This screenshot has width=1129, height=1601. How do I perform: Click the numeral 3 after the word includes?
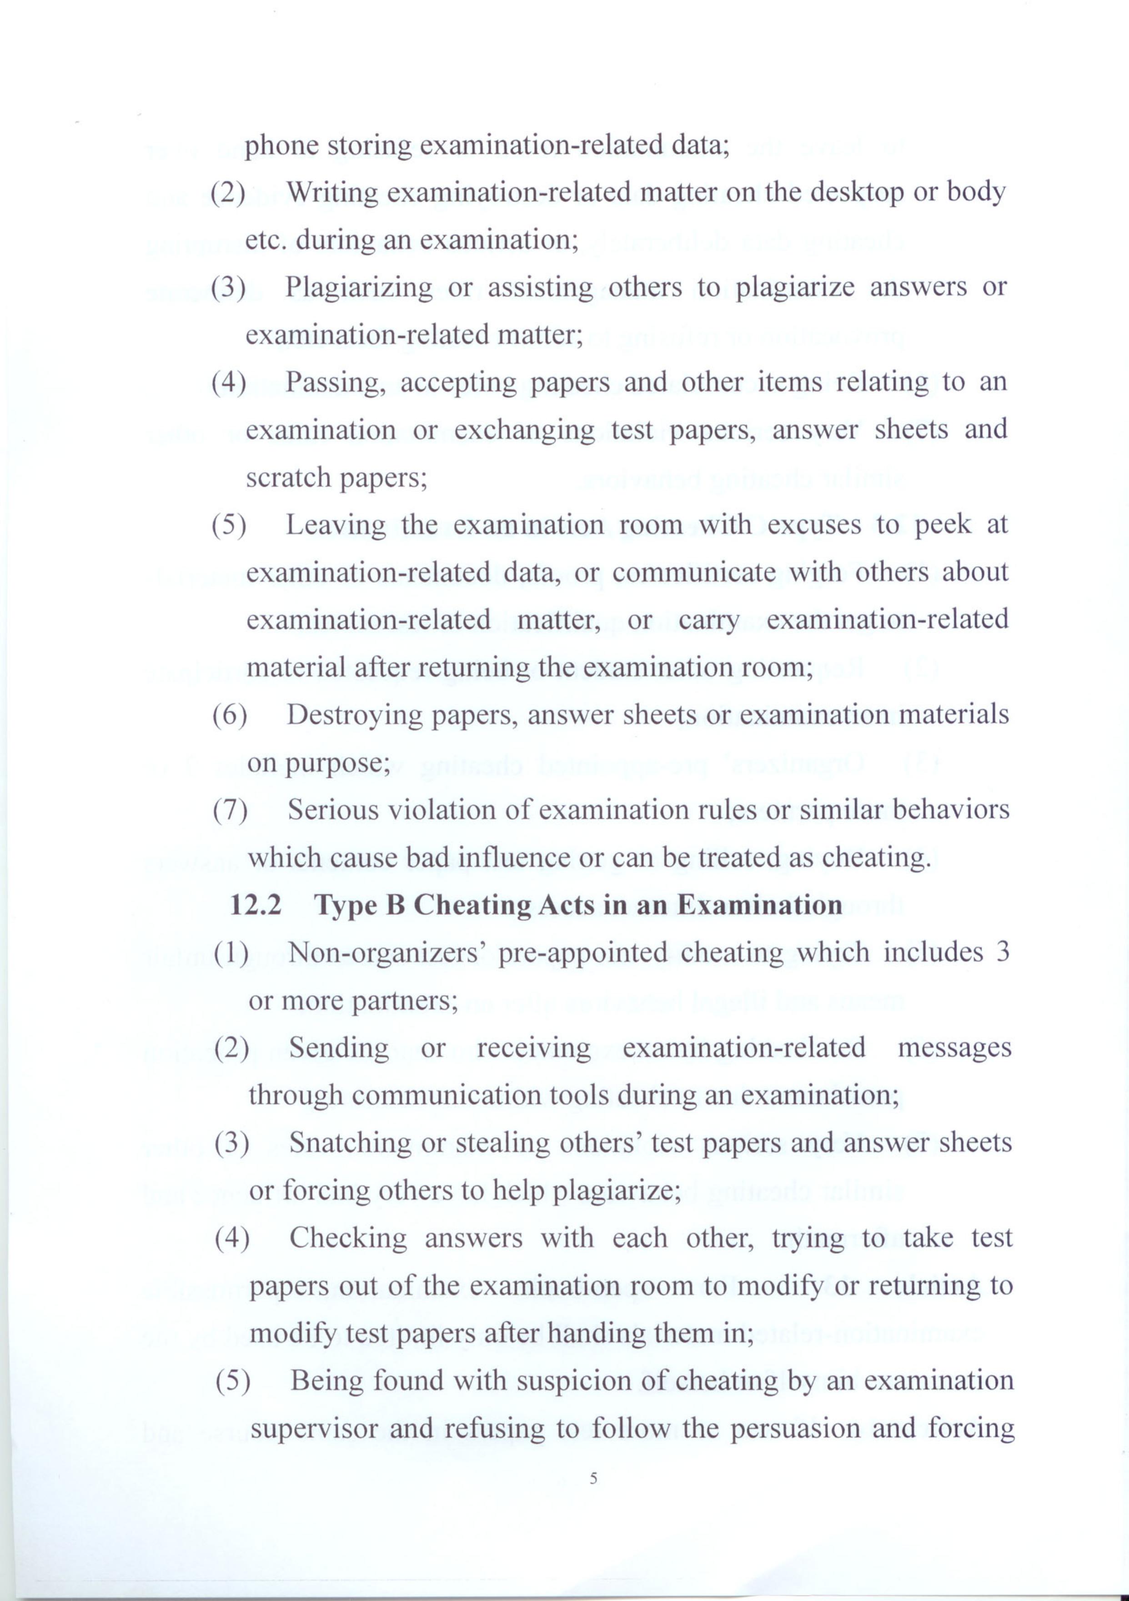1003,953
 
